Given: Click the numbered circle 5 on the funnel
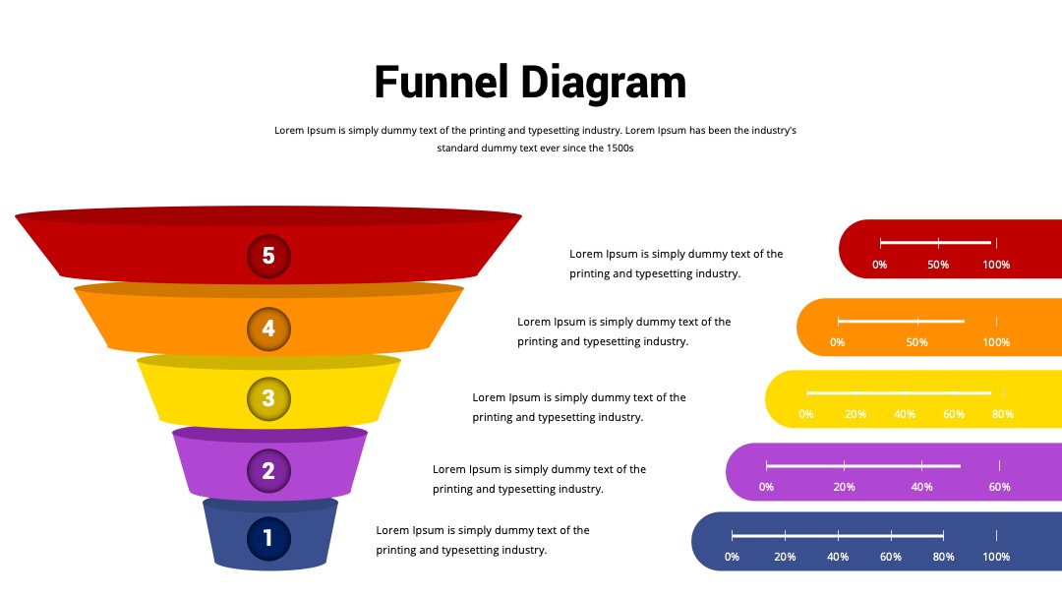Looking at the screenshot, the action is pos(268,256).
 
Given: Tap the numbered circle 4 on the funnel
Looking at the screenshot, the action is pos(268,329).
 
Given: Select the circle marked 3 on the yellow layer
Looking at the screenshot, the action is pos(268,399).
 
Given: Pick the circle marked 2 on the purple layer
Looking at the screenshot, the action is pos(268,471).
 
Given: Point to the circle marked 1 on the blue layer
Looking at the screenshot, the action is pos(268,538).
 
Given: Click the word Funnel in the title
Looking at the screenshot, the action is pos(441,82).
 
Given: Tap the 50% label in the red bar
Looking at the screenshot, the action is pos(938,265).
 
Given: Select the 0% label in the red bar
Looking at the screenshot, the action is pos(880,265).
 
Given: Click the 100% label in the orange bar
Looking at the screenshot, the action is pos(996,342).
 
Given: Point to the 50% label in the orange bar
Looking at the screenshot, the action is pos(917,342).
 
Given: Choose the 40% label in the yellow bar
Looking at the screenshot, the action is pos(905,414).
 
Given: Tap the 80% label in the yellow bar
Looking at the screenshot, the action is pos(1003,414).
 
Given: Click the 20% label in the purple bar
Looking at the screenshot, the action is pos(844,487).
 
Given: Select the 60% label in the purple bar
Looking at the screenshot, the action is pos(1000,487).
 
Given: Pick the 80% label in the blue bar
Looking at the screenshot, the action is pos(943,557).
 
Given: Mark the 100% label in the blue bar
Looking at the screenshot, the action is pos(996,557).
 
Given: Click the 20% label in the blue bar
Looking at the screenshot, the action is pos(785,557).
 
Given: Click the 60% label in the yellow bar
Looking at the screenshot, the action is pos(954,414).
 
